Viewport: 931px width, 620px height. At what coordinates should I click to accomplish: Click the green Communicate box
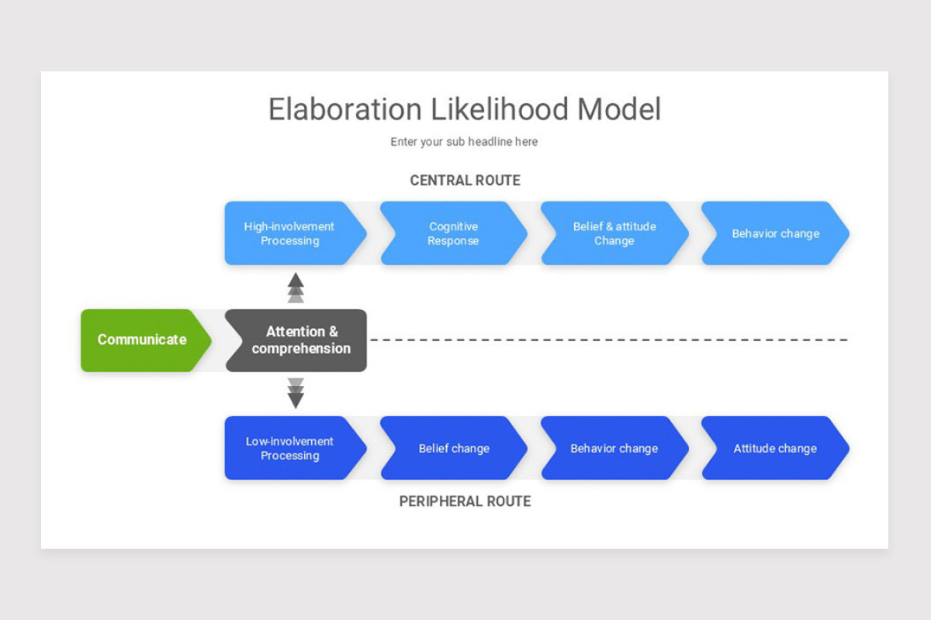143,340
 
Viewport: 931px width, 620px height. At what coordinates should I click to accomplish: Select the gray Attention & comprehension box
299,340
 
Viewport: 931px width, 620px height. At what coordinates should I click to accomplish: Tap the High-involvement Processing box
290,233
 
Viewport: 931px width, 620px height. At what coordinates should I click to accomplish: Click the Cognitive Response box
453,233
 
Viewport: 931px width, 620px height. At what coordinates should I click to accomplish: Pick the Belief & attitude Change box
614,233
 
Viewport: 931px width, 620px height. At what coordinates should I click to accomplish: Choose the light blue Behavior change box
775,233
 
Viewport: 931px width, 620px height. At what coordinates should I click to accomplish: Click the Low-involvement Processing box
290,448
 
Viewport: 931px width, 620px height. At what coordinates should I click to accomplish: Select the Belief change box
453,448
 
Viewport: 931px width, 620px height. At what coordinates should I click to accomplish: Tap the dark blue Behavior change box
614,448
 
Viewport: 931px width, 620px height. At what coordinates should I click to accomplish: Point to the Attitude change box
775,448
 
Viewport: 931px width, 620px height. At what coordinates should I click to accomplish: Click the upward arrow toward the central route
296,287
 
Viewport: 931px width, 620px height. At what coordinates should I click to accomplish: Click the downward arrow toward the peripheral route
296,394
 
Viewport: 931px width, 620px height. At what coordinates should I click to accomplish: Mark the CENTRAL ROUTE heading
465,181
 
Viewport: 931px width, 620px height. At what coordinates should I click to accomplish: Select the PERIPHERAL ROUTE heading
465,501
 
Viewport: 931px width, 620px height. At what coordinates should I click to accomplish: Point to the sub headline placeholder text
464,142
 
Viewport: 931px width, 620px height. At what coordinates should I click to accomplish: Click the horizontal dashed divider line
609,340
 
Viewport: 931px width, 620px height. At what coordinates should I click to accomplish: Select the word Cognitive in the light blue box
453,226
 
